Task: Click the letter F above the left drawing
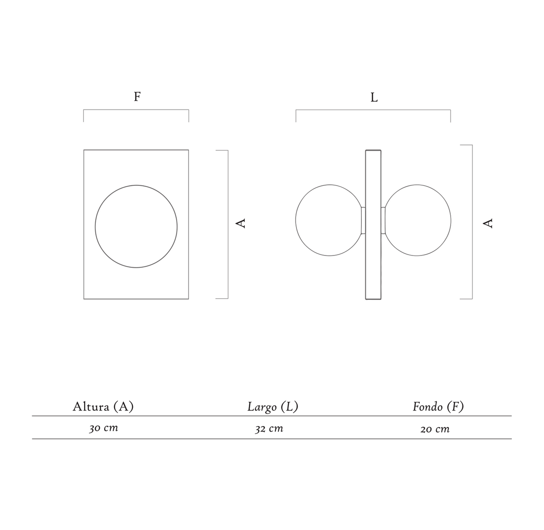click(x=137, y=96)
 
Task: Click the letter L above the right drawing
click(x=374, y=97)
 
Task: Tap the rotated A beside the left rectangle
click(x=241, y=223)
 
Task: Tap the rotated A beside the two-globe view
click(x=487, y=223)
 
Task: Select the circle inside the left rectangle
click(x=95, y=226)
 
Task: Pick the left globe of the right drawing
click(x=296, y=220)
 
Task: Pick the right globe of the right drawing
click(x=451, y=220)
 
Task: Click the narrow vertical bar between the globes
click(x=373, y=225)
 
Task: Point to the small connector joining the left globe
click(x=363, y=220)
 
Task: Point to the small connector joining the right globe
click(x=383, y=220)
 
